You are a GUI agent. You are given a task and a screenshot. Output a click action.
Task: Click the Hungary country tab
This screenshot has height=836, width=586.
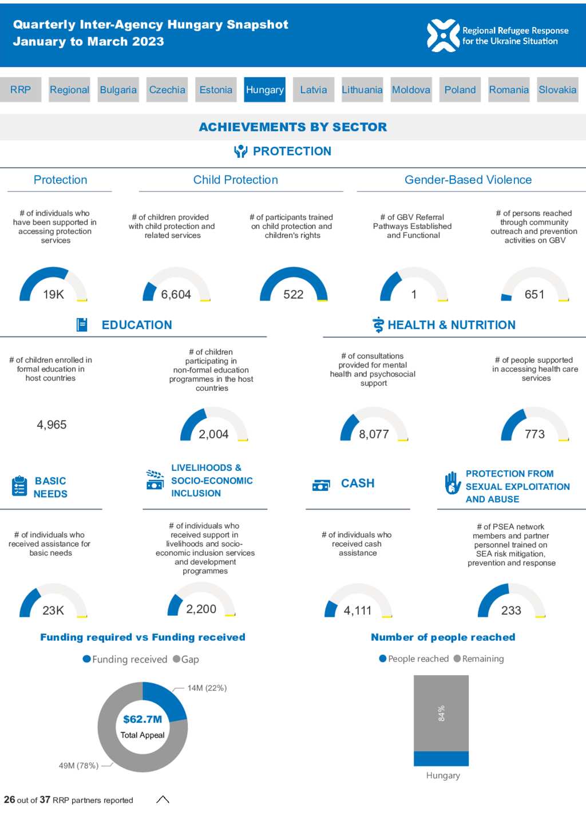coord(264,90)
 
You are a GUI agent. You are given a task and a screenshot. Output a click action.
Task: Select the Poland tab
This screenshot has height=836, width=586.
coord(460,90)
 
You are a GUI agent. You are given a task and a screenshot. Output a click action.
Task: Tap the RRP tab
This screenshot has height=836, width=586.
coord(21,90)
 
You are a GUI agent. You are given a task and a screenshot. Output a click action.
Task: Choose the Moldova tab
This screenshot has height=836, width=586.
coord(411,90)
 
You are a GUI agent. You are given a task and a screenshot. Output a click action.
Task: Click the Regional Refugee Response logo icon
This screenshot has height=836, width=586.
coord(443,35)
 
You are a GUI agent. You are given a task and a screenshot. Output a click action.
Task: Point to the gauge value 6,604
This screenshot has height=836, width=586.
coord(176,295)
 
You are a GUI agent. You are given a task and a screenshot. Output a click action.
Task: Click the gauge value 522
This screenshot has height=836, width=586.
coord(294,295)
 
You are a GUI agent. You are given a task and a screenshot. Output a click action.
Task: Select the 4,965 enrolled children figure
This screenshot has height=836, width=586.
coord(52,425)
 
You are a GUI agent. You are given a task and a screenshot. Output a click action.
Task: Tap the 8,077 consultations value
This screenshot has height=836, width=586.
coord(374,434)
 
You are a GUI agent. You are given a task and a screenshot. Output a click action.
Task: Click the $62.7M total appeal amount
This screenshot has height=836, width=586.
coord(142,719)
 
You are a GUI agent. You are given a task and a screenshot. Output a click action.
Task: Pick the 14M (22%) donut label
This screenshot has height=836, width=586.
coord(207,688)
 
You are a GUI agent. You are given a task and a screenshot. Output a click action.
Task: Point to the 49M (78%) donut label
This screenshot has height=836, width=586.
coord(79,766)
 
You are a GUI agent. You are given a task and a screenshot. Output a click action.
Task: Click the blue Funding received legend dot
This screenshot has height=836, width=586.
coord(86,659)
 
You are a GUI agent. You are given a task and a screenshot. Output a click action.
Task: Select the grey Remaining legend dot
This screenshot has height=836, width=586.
coord(457,659)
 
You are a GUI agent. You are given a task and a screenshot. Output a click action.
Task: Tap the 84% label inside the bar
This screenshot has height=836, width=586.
coord(441,713)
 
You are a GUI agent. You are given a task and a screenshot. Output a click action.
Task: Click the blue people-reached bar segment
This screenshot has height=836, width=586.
coord(441,758)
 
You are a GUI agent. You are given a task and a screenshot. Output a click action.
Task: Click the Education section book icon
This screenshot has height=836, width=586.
coord(82,324)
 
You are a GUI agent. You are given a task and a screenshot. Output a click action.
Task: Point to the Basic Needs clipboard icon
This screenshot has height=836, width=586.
coord(19,486)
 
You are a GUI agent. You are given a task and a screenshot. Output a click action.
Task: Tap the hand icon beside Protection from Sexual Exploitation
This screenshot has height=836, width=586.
coord(453,483)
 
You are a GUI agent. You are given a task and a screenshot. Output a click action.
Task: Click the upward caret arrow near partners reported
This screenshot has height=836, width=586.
coord(163,799)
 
